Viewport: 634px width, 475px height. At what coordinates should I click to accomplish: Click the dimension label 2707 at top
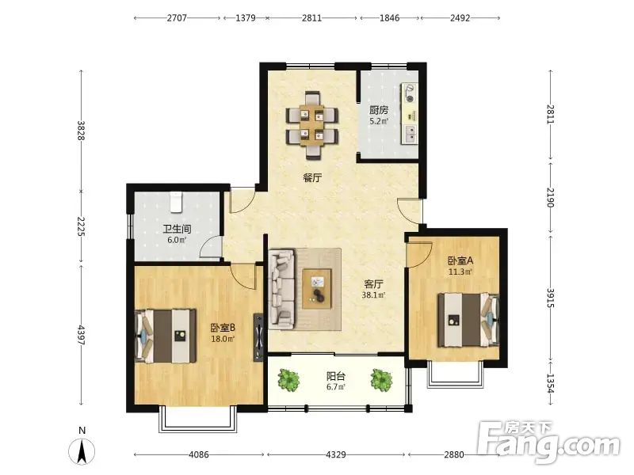click(177, 18)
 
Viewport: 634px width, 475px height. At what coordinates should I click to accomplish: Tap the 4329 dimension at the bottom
click(335, 454)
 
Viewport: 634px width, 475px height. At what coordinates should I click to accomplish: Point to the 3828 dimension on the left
click(82, 131)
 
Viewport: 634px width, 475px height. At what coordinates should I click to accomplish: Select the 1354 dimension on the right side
click(550, 383)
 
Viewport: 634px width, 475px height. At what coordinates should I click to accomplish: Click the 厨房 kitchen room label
click(379, 110)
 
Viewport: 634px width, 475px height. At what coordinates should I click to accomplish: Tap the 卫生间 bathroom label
click(177, 230)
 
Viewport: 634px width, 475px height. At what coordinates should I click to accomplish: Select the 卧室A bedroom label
click(460, 261)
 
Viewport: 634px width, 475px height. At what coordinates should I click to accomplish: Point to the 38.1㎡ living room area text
click(373, 294)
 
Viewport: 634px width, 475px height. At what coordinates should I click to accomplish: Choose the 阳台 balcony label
click(336, 377)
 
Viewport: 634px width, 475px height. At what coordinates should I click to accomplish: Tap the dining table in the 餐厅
click(311, 125)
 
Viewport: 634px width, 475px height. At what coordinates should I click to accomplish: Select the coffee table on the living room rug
click(317, 289)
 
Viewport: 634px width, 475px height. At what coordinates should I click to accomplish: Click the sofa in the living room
click(282, 289)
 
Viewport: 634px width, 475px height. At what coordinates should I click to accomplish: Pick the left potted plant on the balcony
click(288, 380)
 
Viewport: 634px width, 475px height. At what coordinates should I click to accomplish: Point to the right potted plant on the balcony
click(381, 380)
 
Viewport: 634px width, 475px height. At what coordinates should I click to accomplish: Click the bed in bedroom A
click(468, 320)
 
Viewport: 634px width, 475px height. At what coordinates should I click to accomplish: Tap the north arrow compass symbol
click(82, 450)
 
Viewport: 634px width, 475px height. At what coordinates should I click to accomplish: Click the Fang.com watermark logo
click(548, 443)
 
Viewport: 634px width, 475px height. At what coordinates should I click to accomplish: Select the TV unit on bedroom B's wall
click(258, 337)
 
